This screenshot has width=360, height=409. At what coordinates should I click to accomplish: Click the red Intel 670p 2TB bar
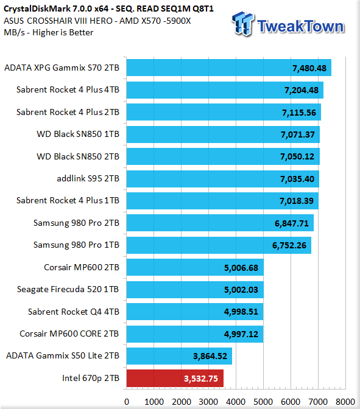click(175, 378)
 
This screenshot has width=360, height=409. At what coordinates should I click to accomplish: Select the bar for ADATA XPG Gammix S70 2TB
click(229, 68)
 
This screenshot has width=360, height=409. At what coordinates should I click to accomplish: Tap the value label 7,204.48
click(302, 90)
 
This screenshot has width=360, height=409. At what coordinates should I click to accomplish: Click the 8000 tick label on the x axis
click(345, 402)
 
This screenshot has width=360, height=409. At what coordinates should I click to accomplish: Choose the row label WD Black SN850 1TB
click(78, 134)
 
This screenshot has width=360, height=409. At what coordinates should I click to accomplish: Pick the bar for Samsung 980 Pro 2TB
click(220, 223)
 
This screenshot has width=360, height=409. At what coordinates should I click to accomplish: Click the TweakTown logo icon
click(242, 24)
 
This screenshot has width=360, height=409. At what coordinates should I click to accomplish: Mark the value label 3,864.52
click(210, 356)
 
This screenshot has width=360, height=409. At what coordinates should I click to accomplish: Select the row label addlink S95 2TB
click(88, 178)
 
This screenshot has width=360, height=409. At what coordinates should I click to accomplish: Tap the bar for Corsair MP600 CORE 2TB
click(195, 334)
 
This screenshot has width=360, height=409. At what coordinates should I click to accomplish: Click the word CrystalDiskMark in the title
click(37, 9)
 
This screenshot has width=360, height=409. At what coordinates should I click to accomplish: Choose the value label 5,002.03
click(241, 290)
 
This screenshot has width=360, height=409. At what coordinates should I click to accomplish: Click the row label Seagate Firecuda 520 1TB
click(68, 289)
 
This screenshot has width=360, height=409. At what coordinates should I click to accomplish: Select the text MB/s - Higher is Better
click(49, 33)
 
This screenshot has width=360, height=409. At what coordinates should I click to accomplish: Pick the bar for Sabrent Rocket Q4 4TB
click(195, 312)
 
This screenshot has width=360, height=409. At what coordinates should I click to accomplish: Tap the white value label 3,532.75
click(201, 379)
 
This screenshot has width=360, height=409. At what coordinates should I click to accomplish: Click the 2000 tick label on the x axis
click(181, 402)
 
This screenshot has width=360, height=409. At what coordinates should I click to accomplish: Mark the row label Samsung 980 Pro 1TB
click(76, 245)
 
